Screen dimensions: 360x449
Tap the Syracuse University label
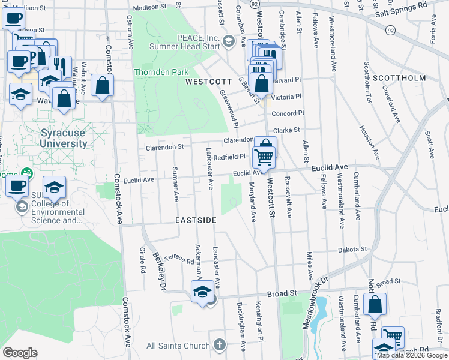click(55, 138)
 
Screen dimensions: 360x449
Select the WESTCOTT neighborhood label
click(208, 81)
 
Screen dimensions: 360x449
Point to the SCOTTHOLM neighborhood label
click(399, 78)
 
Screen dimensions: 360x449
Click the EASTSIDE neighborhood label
click(196, 221)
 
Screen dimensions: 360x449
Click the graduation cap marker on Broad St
click(202, 293)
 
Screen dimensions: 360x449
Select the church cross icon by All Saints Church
click(220, 345)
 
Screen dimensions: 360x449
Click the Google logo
click(20, 353)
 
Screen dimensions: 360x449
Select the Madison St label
click(148, 8)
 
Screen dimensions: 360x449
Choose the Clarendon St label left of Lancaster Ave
click(164, 146)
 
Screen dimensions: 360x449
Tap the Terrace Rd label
click(179, 259)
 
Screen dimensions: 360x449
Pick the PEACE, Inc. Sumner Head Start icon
click(228, 41)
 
